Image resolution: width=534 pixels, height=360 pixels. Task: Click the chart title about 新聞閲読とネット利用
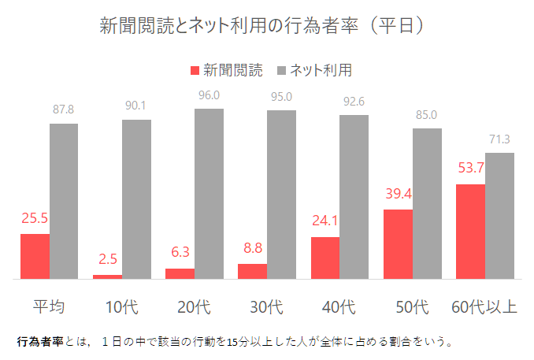[263, 26]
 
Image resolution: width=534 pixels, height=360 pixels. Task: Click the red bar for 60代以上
[470, 232]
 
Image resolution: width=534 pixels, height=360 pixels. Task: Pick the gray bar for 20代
[209, 194]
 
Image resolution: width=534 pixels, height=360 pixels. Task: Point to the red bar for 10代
[107, 276]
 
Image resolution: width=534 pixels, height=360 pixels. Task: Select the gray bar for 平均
[64, 202]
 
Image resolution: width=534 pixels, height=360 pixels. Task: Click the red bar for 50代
[398, 244]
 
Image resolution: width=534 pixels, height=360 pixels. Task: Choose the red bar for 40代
[325, 258]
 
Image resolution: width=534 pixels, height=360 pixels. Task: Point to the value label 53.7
[470, 169]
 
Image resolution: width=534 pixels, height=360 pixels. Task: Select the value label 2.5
[108, 258]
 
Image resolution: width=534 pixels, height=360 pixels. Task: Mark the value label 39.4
[398, 194]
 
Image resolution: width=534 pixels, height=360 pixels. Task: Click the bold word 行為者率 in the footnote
[35, 343]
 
